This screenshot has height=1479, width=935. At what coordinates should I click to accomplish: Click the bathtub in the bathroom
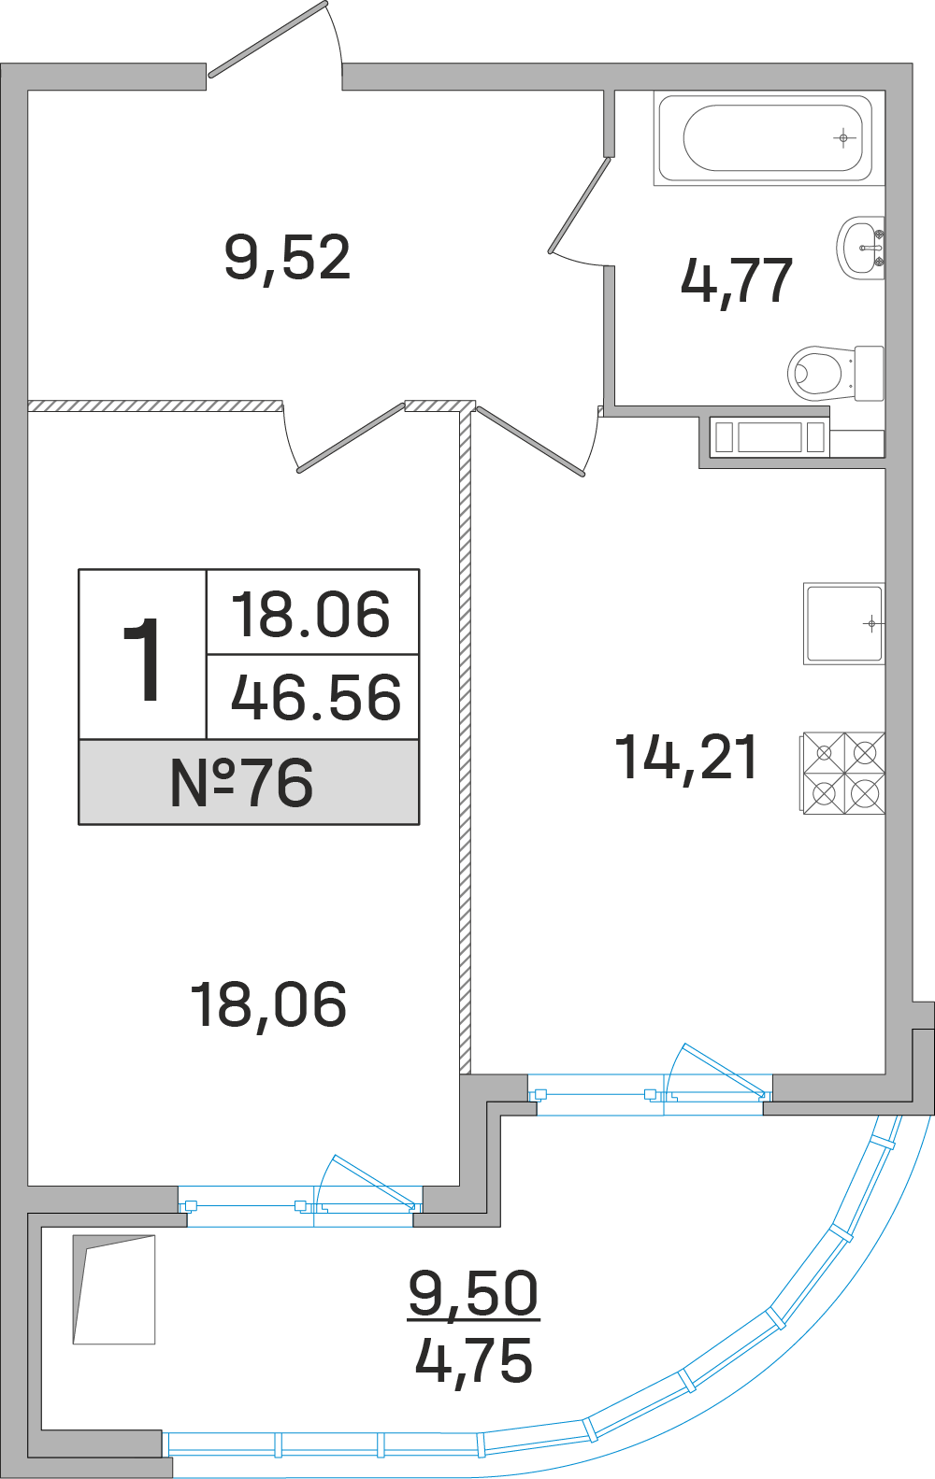coord(770,138)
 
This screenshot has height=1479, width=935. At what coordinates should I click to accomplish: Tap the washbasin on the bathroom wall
coord(860,248)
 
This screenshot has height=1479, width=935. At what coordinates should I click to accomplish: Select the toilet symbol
coord(836,373)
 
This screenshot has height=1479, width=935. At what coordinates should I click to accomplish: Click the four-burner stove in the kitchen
coord(843,773)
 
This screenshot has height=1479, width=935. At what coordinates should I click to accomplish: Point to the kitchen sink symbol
coord(843,623)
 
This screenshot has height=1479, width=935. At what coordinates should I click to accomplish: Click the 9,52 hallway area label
coord(287,259)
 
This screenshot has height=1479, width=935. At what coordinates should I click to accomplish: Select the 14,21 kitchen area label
coord(686,759)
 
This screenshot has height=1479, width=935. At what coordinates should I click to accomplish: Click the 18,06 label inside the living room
coord(268,1005)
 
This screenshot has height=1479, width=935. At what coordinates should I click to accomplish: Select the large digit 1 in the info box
coord(141,660)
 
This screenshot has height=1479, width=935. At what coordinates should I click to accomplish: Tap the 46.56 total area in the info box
coord(316,697)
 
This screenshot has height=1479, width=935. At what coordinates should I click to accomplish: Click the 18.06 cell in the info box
coord(310,615)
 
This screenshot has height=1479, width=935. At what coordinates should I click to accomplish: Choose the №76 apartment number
coord(241,782)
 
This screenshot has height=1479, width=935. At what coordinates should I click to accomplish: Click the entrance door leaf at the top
coord(267,39)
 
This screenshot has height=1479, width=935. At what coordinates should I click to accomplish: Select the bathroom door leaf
coord(579,206)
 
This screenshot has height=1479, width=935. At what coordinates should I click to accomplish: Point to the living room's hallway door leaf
coord(351,438)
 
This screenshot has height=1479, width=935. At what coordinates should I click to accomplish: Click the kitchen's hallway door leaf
coord(530,441)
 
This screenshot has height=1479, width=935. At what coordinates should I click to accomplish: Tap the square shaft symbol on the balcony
coord(114,1289)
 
